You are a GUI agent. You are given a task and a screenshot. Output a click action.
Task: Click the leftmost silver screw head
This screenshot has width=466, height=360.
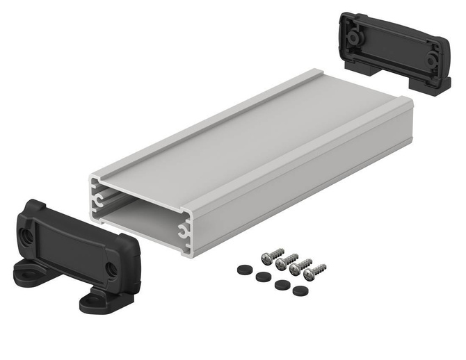click(268, 257)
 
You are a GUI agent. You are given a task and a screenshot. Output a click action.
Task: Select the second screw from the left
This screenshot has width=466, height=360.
click(282, 262)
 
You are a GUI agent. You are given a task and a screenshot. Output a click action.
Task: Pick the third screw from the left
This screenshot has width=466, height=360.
click(296, 268)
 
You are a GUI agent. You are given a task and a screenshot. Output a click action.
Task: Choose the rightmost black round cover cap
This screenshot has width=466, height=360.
click(300, 291)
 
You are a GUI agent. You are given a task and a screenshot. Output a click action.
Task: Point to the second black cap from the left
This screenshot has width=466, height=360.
click(263, 277)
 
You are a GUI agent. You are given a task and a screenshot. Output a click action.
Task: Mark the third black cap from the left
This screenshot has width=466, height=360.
click(282, 284)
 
